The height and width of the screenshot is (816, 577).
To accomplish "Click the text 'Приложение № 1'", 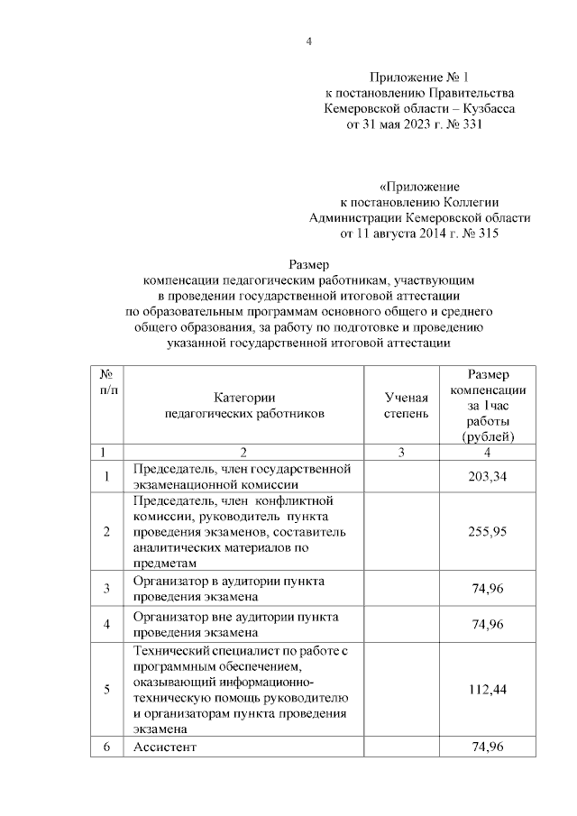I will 420,77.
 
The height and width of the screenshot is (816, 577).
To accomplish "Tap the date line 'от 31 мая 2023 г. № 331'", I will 420,125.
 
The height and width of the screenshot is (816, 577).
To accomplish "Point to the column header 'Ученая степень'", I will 401,405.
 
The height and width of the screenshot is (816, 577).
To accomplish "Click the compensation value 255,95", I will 488,532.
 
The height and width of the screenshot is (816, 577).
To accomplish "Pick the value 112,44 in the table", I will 488,689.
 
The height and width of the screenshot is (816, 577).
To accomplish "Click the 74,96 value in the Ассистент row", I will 488,747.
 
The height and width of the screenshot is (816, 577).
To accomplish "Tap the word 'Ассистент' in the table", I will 165,747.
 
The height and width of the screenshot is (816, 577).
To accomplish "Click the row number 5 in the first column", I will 106,689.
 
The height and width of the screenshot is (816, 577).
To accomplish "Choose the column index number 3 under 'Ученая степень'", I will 401,452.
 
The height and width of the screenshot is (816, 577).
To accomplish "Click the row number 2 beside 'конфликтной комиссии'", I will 106,532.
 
